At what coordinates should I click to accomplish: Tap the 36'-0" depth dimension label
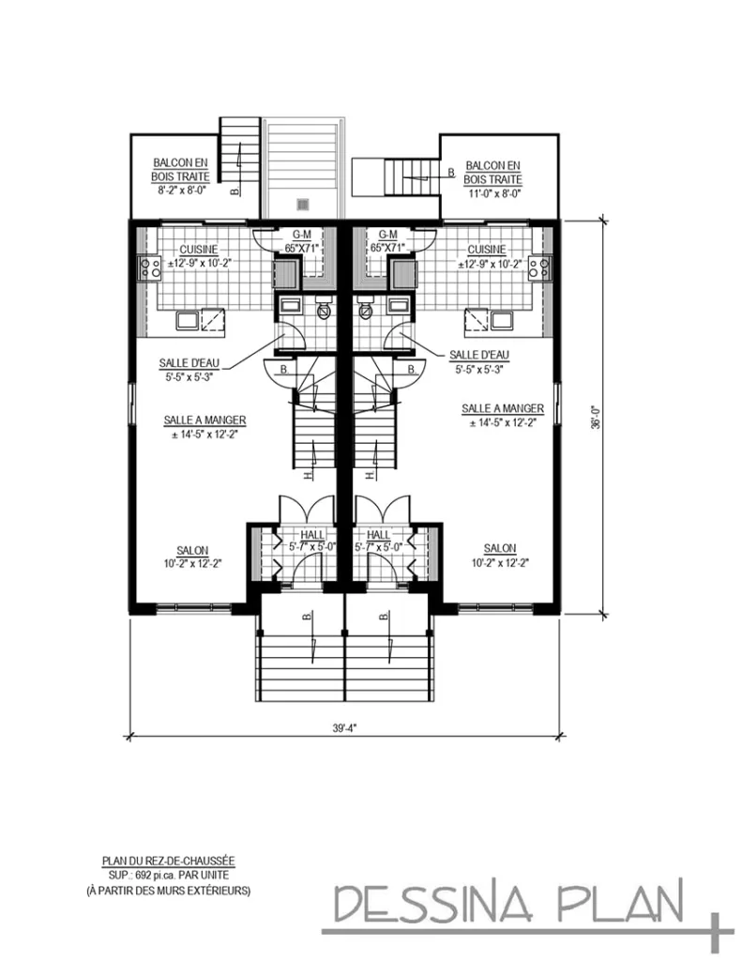(596, 418)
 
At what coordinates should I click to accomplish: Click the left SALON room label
(192, 550)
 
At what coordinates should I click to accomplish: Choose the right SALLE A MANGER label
(503, 408)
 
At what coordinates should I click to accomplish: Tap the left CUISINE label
(199, 250)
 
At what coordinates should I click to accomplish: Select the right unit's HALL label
(378, 535)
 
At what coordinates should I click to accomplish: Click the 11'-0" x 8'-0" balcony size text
(493, 193)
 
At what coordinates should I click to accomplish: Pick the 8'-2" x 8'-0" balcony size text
(181, 191)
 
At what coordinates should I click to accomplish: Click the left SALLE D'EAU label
(189, 363)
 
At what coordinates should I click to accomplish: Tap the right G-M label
(387, 235)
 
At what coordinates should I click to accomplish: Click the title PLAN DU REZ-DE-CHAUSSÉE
(168, 862)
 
